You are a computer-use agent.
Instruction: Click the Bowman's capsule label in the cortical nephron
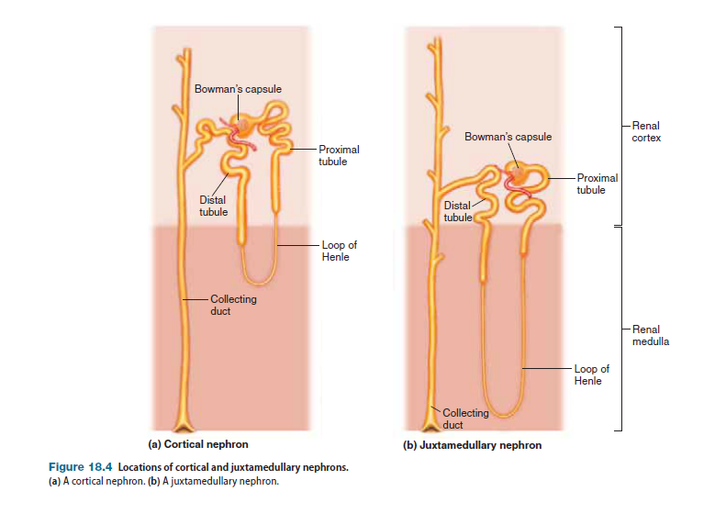[238, 89]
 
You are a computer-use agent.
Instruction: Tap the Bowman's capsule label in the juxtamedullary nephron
[508, 137]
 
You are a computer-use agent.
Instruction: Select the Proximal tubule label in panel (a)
[339, 154]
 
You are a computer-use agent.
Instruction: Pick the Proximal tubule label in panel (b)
[597, 184]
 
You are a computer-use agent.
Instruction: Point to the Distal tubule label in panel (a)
[213, 206]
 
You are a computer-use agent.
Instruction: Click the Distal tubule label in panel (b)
[457, 211]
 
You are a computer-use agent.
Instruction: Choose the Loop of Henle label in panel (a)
[339, 251]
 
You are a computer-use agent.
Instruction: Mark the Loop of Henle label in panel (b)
[591, 374]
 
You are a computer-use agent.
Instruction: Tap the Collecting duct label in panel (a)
[233, 305]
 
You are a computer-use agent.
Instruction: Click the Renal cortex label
[646, 131]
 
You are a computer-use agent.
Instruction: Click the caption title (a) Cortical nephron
[192, 444]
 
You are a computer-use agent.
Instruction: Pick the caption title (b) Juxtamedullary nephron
[472, 445]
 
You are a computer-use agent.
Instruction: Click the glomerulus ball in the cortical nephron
[243, 124]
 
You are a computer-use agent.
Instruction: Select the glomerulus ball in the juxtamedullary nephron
[519, 174]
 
